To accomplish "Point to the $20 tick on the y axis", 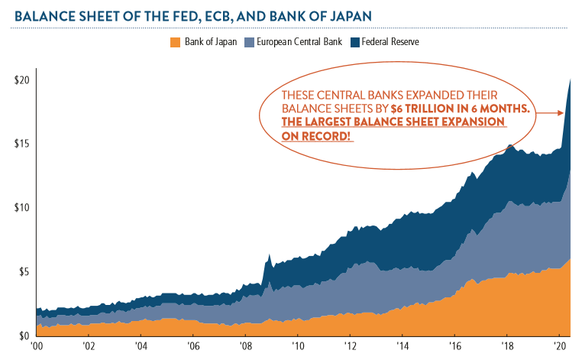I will [x=22, y=80].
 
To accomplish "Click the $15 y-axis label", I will [x=22, y=144].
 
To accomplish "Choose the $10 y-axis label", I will [x=22, y=207].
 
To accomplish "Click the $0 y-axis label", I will [x=24, y=335].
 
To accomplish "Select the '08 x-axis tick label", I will [x=245, y=346].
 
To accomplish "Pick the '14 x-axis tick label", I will [x=402, y=346].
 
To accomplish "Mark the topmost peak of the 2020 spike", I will [x=569, y=79].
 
